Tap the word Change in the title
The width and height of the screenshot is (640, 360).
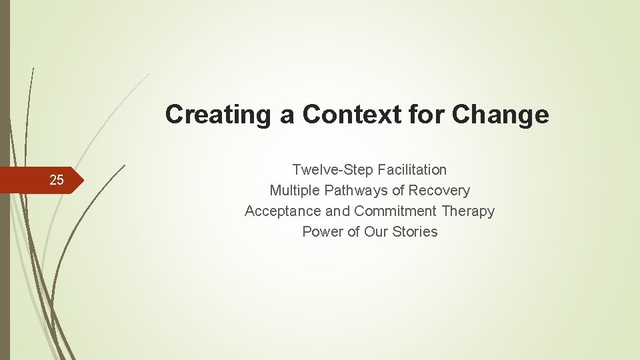(501, 115)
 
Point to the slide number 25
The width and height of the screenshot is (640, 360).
(57, 180)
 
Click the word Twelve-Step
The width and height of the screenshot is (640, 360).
(333, 170)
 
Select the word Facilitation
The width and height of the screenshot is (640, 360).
(412, 170)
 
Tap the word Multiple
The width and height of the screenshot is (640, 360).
(295, 191)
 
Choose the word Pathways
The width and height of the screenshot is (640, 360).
(356, 191)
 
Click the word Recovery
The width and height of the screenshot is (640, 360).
(439, 191)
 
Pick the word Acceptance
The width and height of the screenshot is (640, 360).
(283, 211)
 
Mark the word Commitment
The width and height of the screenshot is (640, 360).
(395, 211)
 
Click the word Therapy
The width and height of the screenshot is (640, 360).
(468, 211)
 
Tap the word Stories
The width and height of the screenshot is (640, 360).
(415, 232)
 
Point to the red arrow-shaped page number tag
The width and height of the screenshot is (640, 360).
(40, 180)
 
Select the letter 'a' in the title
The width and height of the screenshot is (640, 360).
(287, 115)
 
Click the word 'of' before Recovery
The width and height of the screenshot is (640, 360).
(399, 191)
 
